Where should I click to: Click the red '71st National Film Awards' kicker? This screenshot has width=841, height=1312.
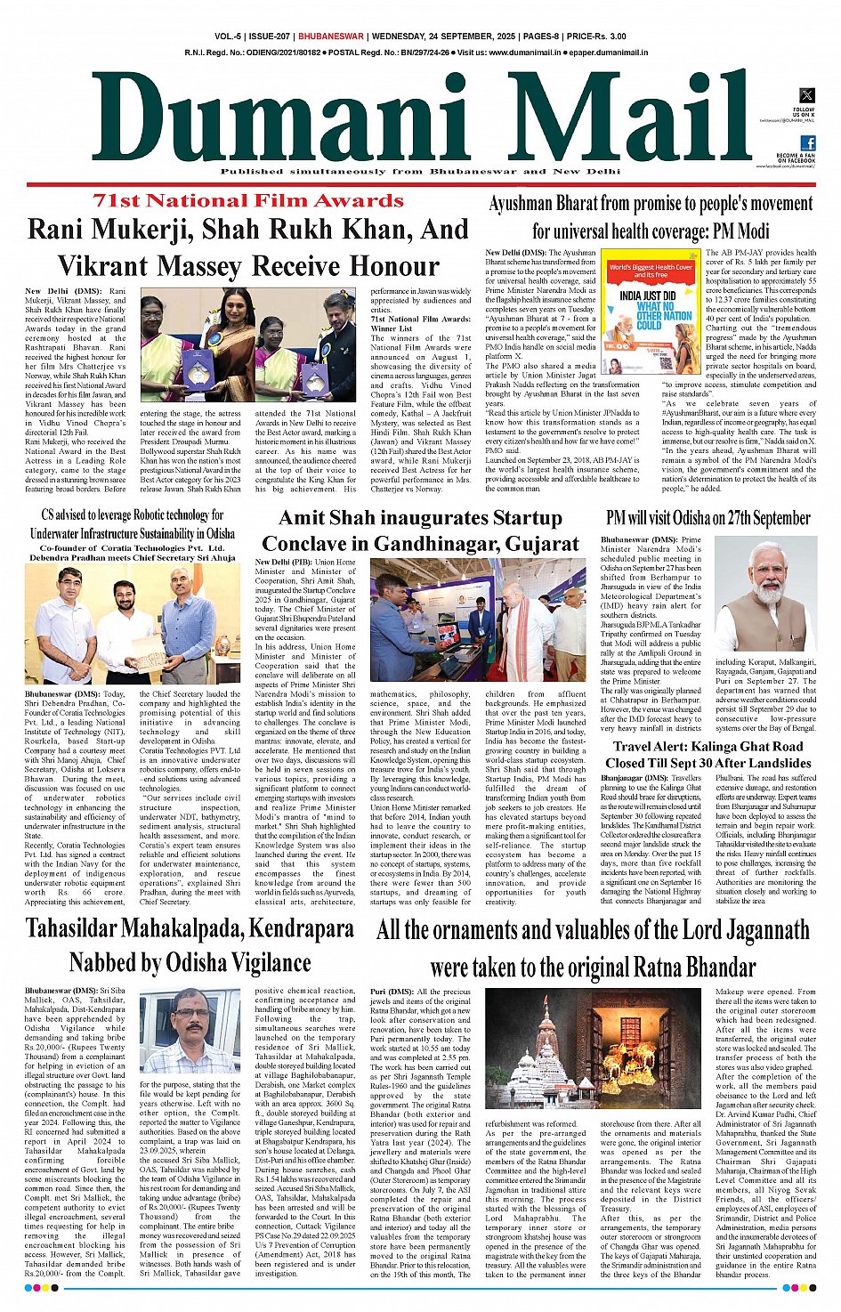[x=248, y=200]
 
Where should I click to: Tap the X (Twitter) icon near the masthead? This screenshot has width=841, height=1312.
[x=806, y=95]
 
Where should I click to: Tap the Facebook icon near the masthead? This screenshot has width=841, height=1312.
[x=807, y=143]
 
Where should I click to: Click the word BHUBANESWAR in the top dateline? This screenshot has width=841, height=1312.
[x=331, y=36]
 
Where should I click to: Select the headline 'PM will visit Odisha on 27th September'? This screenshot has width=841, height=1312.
[x=708, y=517]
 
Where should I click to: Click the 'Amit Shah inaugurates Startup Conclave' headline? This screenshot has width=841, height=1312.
[x=421, y=530]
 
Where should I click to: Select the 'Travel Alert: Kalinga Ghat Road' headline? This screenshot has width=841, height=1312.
[x=708, y=755]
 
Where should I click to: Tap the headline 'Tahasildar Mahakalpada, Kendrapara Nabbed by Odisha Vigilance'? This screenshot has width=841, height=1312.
[x=190, y=945]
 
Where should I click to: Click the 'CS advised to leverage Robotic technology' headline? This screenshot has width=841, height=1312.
[x=133, y=524]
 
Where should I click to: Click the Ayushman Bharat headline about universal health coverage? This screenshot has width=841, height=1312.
[x=651, y=217]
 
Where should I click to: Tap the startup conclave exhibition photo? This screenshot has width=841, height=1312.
[x=478, y=620]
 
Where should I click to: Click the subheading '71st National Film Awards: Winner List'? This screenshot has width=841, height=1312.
[x=420, y=323]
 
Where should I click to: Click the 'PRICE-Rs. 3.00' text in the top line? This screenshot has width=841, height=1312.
[x=595, y=36]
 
